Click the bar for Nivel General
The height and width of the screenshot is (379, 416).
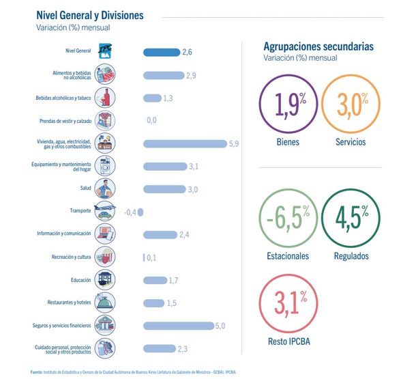point(161,52)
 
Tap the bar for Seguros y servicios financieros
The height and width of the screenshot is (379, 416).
point(178,326)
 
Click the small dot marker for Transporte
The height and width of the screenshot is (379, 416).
point(140,212)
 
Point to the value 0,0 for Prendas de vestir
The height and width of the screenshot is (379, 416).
point(151,120)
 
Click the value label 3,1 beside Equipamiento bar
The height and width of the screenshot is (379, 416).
point(193,166)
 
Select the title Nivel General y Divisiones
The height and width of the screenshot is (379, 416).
point(89,15)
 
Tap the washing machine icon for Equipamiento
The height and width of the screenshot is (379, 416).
point(106,166)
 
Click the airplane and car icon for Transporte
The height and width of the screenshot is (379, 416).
point(106,212)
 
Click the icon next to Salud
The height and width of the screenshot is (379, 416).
point(106,189)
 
